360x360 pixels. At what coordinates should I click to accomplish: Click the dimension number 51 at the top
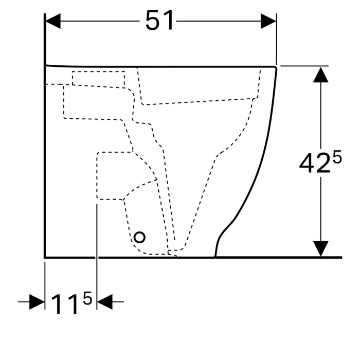click(159, 21)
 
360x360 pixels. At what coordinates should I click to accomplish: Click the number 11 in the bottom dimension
click(64, 304)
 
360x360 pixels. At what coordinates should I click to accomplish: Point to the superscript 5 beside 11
click(87, 298)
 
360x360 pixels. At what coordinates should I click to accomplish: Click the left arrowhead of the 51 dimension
click(53, 21)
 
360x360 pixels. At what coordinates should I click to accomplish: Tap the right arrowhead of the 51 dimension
click(268, 21)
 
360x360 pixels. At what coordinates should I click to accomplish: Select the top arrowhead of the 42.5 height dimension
click(321, 75)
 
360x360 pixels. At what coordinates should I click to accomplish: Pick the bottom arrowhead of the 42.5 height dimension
click(321, 248)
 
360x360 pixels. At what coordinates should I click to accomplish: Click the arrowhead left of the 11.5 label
click(37, 302)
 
